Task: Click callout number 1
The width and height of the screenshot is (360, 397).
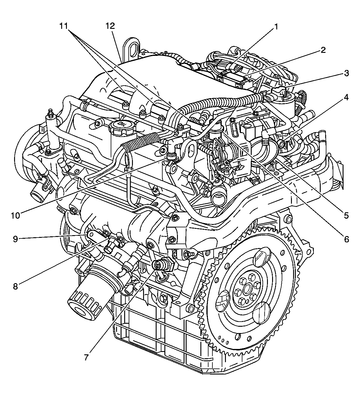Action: coord(275,27)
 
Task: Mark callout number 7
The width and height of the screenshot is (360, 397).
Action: coord(86,357)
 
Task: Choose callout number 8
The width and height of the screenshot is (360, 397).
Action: coord(15,286)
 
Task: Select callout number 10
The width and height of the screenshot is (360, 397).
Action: coord(15,215)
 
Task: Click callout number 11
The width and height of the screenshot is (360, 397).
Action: coord(67,26)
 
